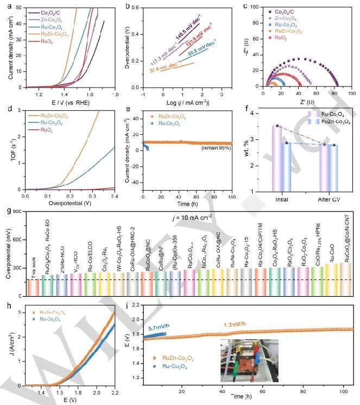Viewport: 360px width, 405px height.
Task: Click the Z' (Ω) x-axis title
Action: pyautogui.click(x=299, y=99)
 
